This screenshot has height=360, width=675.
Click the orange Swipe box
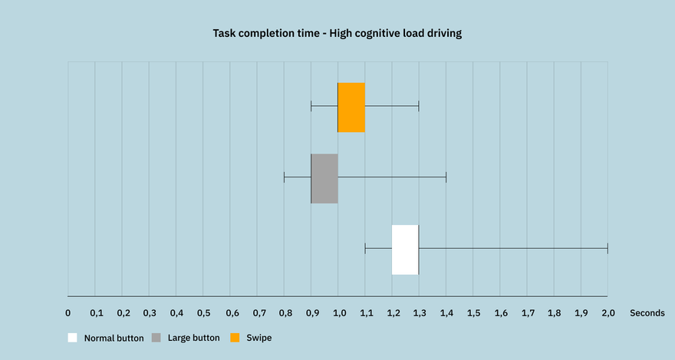click(351, 107)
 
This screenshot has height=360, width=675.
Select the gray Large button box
click(324, 178)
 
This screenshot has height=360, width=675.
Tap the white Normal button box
click(406, 249)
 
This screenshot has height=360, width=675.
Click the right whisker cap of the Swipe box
click(419, 106)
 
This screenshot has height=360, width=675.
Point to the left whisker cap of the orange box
click(311, 106)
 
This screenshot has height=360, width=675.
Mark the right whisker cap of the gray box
click(446, 177)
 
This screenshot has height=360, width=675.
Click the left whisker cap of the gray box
click(284, 177)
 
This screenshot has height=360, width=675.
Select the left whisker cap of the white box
click(365, 249)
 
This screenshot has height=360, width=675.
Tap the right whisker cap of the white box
click(607, 249)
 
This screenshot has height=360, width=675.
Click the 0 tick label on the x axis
click(68, 313)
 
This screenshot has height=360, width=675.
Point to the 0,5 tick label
click(203, 313)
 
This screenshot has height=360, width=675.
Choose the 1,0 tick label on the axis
click(339, 313)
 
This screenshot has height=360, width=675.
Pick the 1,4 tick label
click(447, 313)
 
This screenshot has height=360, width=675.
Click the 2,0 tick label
click(608, 313)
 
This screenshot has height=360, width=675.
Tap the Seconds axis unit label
click(647, 313)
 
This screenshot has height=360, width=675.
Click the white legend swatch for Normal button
click(72, 338)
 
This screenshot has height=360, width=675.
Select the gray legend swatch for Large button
click(156, 338)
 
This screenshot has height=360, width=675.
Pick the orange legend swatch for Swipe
click(235, 338)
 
